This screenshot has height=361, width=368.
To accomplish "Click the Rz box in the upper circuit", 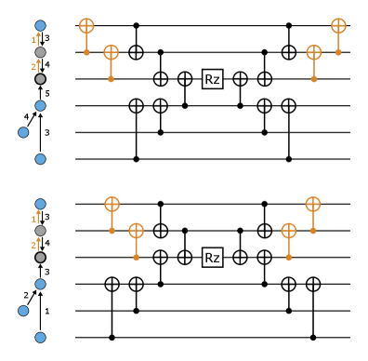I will pos(213,79).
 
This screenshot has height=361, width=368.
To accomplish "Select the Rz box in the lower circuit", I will pos(213,258).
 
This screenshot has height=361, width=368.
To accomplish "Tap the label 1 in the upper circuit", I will pos(34,40).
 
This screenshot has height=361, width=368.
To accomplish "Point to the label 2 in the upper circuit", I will pos(34,67).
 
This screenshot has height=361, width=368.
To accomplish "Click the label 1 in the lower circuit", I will pos(34,219).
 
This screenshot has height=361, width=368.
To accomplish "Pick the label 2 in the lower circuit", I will pos(34,246).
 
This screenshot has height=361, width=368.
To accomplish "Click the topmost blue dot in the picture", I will pos(40,26).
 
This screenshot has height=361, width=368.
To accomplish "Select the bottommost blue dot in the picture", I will pos(40,338).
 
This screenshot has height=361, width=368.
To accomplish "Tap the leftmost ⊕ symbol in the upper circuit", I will pos(86,26).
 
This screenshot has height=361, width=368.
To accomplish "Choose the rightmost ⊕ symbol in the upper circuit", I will pos(338,26).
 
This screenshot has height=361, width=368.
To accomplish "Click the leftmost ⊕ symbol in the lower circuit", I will pos(112,204).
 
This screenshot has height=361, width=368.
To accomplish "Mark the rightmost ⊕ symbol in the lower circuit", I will pos(313,204).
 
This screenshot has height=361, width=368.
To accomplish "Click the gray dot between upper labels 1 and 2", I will pos(40,53).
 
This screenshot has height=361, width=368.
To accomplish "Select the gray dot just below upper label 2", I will pos(40,79).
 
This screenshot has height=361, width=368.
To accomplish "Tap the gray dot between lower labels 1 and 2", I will pos(40,231).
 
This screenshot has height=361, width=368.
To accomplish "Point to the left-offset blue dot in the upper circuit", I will pos(23,132).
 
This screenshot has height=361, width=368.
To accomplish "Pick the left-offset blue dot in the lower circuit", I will pos(23,311).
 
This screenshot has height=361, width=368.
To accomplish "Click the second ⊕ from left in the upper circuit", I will pos(111,52).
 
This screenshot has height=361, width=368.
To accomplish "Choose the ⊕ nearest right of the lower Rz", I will pos(289,230).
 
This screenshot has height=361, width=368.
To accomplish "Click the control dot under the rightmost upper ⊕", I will pos(338,52).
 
